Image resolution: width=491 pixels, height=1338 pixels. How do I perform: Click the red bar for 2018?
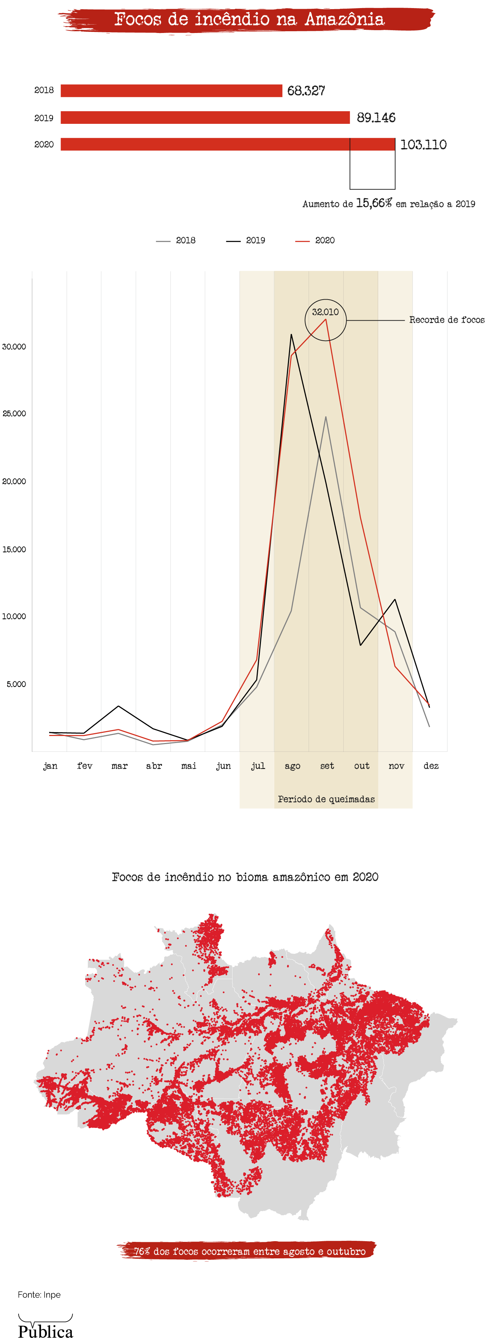(x=171, y=91)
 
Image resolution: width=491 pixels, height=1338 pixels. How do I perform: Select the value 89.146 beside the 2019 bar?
(x=376, y=118)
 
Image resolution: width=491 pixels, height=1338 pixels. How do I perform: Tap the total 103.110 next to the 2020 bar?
(x=423, y=145)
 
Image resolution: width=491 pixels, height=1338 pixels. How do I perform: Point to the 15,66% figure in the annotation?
(x=374, y=203)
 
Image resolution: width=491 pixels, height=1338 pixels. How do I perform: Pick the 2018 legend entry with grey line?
(x=176, y=241)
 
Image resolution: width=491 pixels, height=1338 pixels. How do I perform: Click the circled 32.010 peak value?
(x=325, y=312)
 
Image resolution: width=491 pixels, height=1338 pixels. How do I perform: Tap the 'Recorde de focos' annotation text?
(x=446, y=320)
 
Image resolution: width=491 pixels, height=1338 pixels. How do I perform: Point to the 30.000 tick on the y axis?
(x=14, y=347)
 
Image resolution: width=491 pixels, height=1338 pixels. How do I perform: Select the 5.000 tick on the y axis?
(x=16, y=684)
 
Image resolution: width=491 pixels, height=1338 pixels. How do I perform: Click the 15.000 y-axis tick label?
(x=14, y=549)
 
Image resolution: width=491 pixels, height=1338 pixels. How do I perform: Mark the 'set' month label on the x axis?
(x=327, y=766)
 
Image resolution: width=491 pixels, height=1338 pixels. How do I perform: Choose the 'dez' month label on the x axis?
(x=431, y=766)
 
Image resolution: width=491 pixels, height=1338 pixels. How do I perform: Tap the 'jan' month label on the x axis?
(x=51, y=766)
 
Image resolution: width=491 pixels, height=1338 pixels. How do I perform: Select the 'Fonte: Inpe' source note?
(x=39, y=1295)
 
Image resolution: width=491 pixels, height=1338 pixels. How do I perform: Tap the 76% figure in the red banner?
(x=142, y=1251)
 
